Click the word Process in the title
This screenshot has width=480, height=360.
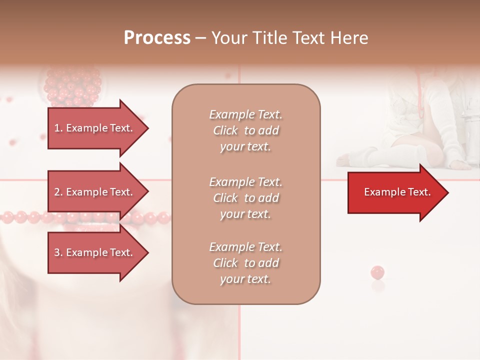tap(157, 38)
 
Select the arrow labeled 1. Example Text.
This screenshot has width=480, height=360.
tap(95, 128)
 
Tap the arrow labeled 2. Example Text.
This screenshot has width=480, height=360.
tap(95, 192)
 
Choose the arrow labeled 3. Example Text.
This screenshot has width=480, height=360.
tap(95, 252)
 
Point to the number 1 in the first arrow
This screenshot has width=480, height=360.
tap(57, 128)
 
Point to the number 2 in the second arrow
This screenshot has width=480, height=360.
tap(57, 192)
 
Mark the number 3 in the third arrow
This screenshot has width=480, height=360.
tap(57, 252)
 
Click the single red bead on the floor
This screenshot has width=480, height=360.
tap(377, 272)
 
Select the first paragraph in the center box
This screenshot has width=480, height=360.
tap(245, 130)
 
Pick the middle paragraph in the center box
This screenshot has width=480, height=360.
tap(245, 198)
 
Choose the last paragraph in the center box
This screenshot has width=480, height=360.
tap(245, 263)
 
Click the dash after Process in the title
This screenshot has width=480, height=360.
tap(201, 38)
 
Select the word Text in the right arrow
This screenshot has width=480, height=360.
tap(418, 192)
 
